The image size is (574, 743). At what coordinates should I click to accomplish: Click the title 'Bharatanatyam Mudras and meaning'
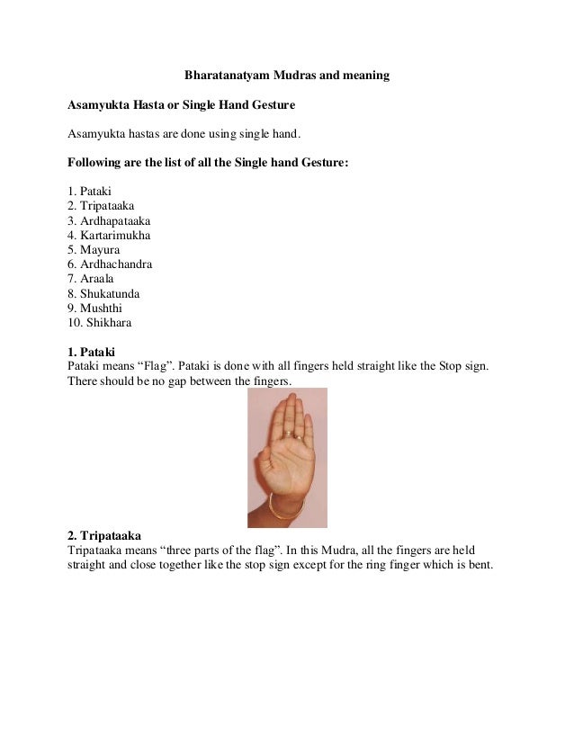tap(286, 76)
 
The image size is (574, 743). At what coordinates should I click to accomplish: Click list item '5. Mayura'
tap(94, 249)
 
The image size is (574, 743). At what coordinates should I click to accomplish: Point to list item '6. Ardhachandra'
tap(110, 264)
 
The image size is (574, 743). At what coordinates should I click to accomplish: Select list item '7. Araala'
tap(93, 279)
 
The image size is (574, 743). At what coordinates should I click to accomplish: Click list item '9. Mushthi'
tap(94, 308)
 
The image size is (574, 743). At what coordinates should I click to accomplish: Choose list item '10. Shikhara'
tap(99, 322)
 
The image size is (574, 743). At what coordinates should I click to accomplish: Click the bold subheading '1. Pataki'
tap(94, 352)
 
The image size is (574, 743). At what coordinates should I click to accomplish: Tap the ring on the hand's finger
tap(290, 434)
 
